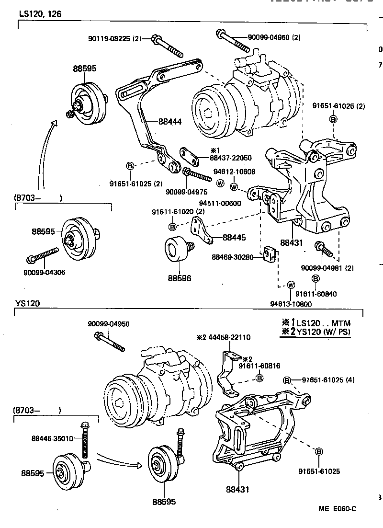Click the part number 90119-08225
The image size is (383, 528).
(x=109, y=38)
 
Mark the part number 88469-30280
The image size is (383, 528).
(x=233, y=257)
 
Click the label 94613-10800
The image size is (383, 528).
(x=290, y=303)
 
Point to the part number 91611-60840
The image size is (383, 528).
(x=315, y=294)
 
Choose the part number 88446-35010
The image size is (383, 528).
(x=53, y=438)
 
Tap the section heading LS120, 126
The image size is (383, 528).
(x=40, y=14)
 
